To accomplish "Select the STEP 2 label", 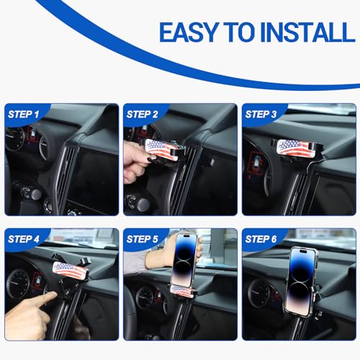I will coord(143,114).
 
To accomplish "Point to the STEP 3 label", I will coord(261,114).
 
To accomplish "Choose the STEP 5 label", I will coord(143,238).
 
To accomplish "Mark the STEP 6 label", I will coord(261,238).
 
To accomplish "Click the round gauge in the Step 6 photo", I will coord(257,292).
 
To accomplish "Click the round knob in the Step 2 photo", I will coord(132,202).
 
